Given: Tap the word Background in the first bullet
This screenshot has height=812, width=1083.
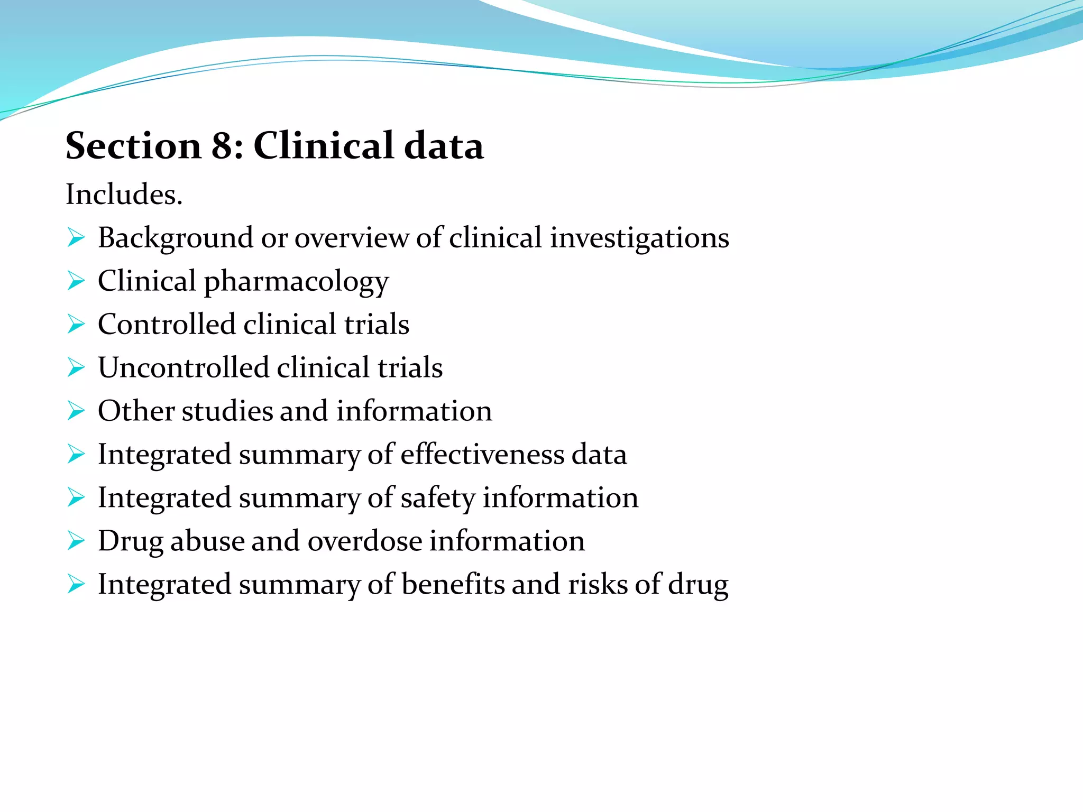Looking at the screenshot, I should [175, 238].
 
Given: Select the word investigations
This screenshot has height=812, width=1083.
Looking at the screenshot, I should [639, 238].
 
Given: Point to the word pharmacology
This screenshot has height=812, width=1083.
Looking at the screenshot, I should [296, 282].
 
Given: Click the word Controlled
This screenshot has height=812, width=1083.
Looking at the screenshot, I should [166, 324].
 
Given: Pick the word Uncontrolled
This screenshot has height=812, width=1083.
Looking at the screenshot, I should [183, 367].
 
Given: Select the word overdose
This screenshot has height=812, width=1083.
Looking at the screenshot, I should [365, 541].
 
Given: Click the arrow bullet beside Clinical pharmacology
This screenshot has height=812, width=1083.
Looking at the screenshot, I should [76, 281].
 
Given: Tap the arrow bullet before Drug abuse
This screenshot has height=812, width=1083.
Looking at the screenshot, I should [76, 541].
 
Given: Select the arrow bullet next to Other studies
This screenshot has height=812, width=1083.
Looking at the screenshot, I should [76, 411].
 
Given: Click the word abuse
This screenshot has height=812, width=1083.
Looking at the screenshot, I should [207, 541].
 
